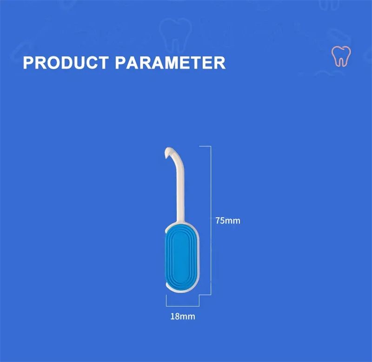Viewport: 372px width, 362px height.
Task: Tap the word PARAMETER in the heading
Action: tap(170, 63)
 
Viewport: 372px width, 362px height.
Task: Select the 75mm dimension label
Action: tap(228, 221)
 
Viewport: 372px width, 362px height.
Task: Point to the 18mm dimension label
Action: tap(183, 316)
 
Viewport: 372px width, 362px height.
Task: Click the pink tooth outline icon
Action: tap(341, 56)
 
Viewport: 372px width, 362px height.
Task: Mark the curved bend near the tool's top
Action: tap(177, 157)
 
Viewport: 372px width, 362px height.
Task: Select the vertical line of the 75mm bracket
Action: tap(211, 221)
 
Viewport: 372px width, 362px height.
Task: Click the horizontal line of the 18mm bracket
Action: tap(183, 306)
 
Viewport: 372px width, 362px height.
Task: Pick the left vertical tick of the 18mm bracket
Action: tap(166, 301)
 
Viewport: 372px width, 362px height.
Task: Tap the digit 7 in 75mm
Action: tap(218, 221)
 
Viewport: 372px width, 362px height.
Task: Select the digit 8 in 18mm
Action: tap(177, 316)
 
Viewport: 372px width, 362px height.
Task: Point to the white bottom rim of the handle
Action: tap(181, 291)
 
